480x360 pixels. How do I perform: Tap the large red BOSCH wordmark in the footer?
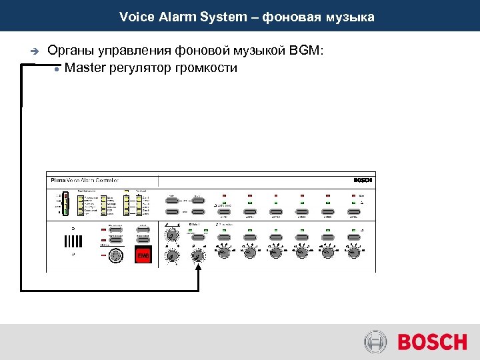pyautogui.click(x=432, y=343)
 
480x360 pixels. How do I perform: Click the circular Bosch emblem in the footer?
pyautogui.click(x=375, y=343)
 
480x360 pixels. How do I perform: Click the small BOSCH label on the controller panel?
pyautogui.click(x=363, y=180)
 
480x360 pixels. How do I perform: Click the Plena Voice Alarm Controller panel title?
pyautogui.click(x=84, y=180)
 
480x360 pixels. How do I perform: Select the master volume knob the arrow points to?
pyautogui.click(x=198, y=255)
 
